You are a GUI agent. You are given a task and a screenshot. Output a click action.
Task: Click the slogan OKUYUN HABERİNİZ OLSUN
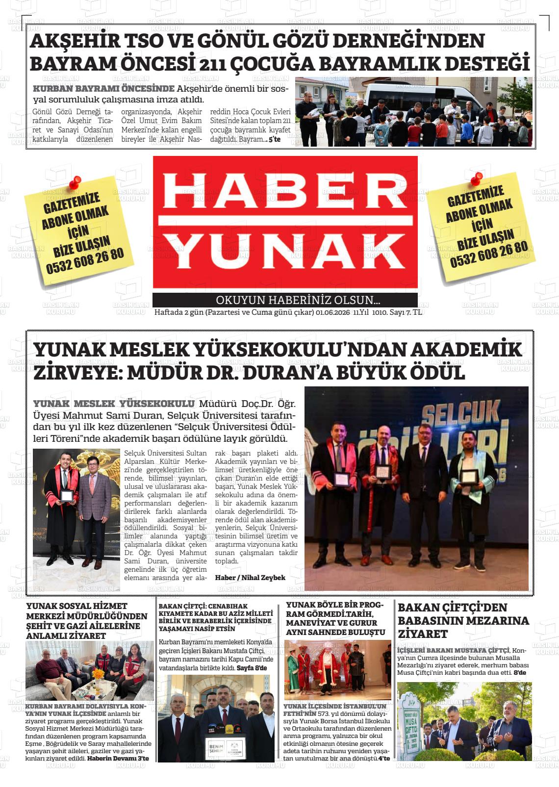point(298,301)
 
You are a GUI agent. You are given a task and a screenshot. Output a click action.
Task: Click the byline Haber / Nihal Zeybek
point(250,578)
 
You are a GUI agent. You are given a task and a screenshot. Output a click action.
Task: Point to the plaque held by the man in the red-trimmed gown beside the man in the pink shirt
point(66,495)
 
